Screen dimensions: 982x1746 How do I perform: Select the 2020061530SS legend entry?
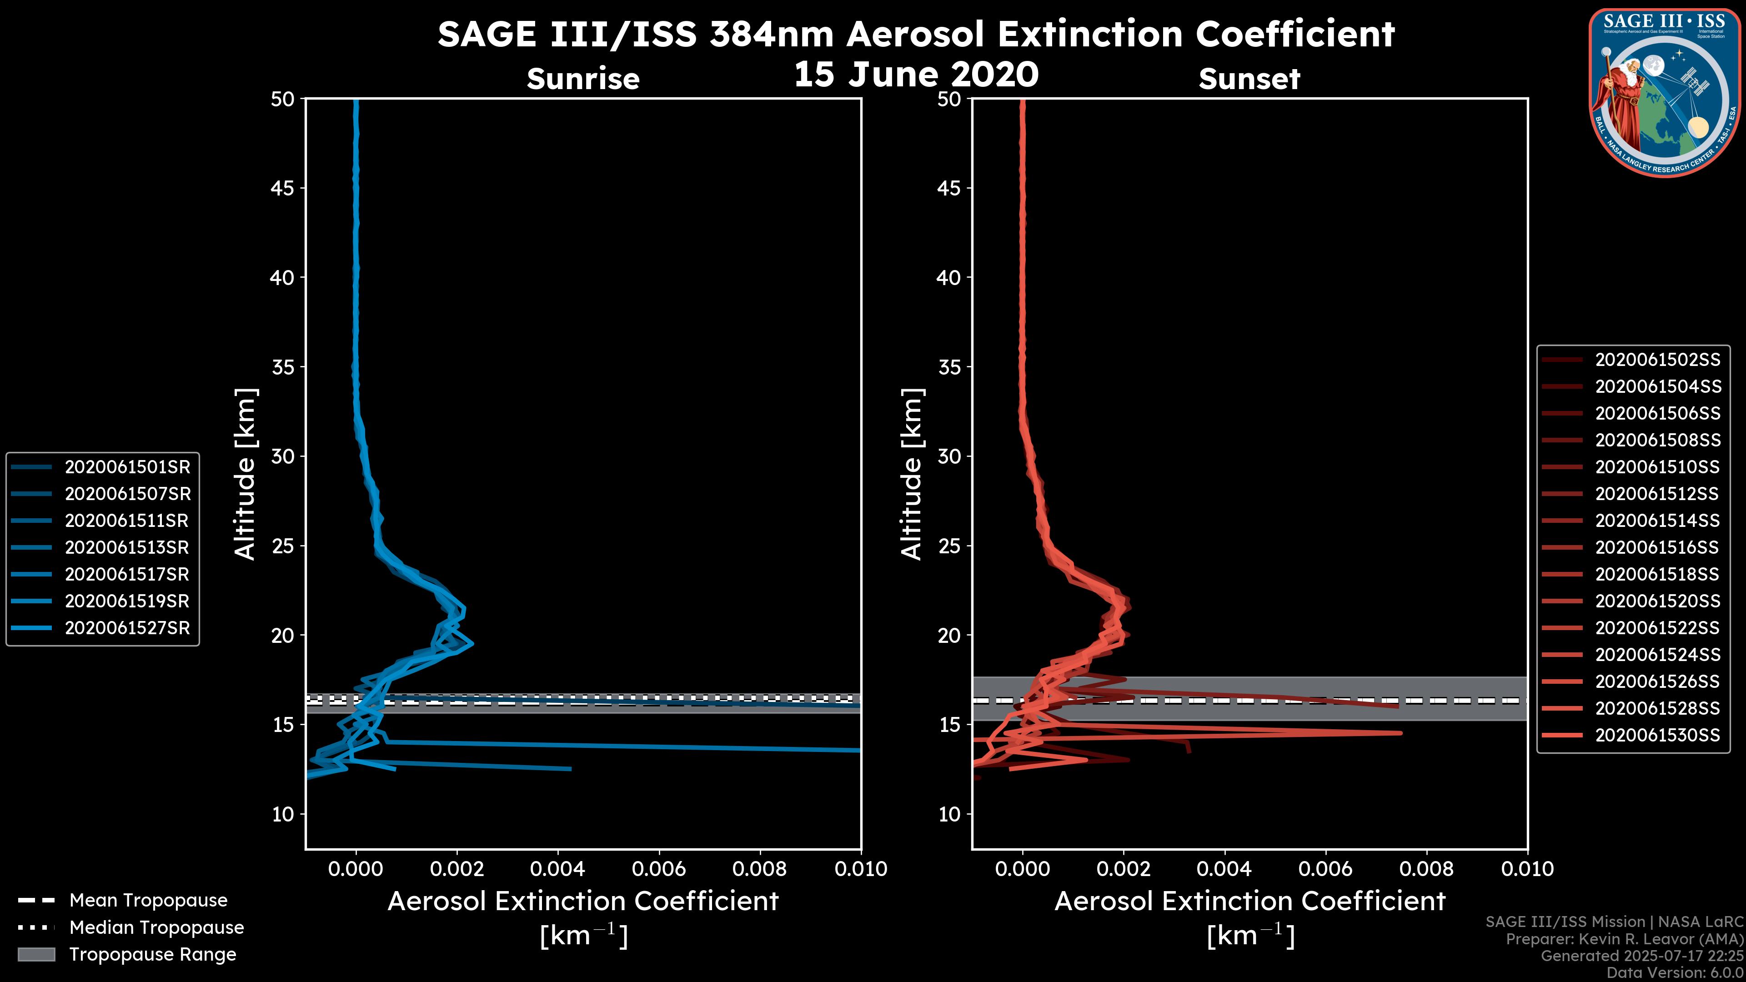[1657, 735]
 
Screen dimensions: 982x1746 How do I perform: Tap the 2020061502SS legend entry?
[1657, 360]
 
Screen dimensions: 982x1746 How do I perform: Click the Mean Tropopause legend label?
[148, 901]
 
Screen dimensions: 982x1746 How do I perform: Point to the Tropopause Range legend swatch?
[36, 955]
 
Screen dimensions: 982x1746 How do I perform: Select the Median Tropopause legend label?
[156, 928]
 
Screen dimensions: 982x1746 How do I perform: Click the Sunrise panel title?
[583, 79]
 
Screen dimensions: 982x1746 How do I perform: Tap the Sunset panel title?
[1249, 79]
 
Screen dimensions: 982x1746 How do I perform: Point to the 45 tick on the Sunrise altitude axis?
[283, 188]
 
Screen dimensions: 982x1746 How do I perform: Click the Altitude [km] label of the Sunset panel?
[912, 474]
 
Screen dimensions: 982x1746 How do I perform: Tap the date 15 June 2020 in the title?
[916, 75]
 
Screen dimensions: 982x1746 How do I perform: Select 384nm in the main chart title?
[771, 34]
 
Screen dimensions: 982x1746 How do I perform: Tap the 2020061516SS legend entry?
[1657, 547]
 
